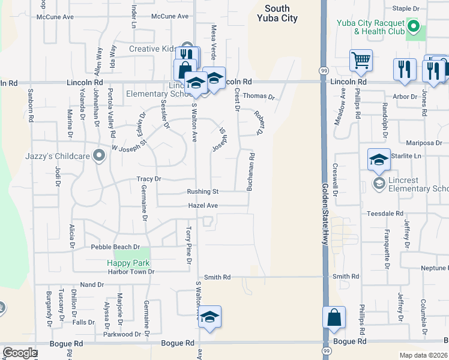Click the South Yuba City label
[x=277, y=13]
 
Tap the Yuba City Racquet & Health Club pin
[x=413, y=26]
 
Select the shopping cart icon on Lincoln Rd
[x=361, y=60]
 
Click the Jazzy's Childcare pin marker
[x=100, y=156]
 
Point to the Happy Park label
[x=128, y=263]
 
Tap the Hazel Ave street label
[x=203, y=205]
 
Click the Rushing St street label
[x=202, y=192]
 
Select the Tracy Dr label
[x=149, y=179]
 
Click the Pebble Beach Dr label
[x=115, y=247]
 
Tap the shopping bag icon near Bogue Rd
[x=334, y=317]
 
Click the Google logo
[x=20, y=353]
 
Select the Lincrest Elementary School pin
[x=379, y=182]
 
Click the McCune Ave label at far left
[x=55, y=17]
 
